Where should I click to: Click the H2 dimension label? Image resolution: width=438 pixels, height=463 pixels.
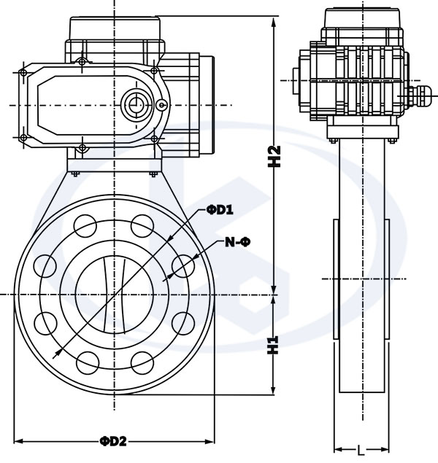tap(274, 157)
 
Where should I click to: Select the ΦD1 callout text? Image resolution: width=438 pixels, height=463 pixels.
tap(219, 210)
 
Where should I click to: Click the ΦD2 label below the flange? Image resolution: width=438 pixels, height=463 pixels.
tap(114, 441)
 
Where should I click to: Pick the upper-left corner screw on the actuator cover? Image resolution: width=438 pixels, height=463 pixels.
tap(23, 72)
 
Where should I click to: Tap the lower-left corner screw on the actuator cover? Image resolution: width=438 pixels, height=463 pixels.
tap(23, 137)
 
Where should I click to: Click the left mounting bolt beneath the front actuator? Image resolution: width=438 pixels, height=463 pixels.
tap(74, 172)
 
